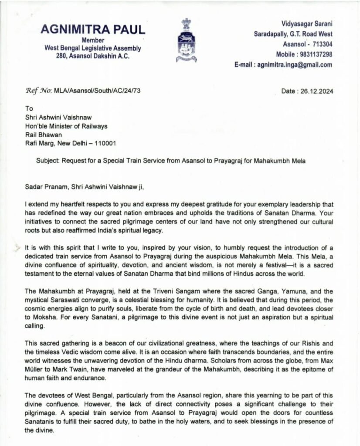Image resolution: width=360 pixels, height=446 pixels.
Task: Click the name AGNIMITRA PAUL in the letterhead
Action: tap(93, 30)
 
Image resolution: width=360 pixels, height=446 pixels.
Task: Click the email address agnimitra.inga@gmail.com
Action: tap(295, 65)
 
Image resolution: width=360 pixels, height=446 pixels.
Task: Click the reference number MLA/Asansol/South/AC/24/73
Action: tap(97, 91)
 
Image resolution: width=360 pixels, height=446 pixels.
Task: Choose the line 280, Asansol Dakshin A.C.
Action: tap(93, 56)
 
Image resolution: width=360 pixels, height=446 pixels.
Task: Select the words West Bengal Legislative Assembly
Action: tap(93, 48)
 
